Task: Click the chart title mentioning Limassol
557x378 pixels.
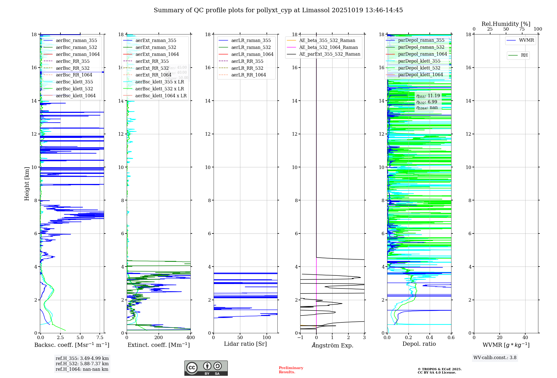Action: click(x=278, y=10)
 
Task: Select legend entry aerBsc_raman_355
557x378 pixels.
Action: click(x=76, y=41)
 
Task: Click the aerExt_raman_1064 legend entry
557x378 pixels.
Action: click(x=157, y=54)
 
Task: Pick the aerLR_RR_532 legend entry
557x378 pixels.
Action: click(x=247, y=68)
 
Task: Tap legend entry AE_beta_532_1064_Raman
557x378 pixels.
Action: click(x=328, y=48)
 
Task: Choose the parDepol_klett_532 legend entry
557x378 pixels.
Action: click(x=419, y=68)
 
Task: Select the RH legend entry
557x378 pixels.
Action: click(x=524, y=55)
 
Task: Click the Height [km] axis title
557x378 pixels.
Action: click(x=27, y=184)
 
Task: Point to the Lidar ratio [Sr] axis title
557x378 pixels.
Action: click(x=245, y=344)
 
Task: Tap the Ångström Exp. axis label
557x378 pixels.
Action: click(x=333, y=345)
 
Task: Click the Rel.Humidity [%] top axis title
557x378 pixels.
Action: click(x=506, y=24)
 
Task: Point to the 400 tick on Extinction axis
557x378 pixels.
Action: click(x=190, y=338)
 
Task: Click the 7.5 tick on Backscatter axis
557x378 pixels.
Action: click(x=100, y=338)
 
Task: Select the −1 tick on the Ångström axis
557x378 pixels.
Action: click(x=300, y=338)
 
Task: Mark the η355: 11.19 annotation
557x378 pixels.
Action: click(x=428, y=96)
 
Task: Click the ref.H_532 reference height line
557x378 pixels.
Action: click(x=82, y=364)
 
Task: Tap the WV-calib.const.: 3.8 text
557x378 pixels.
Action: click(x=495, y=358)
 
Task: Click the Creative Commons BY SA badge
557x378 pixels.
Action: click(x=206, y=368)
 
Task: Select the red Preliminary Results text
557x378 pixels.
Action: click(x=291, y=370)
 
